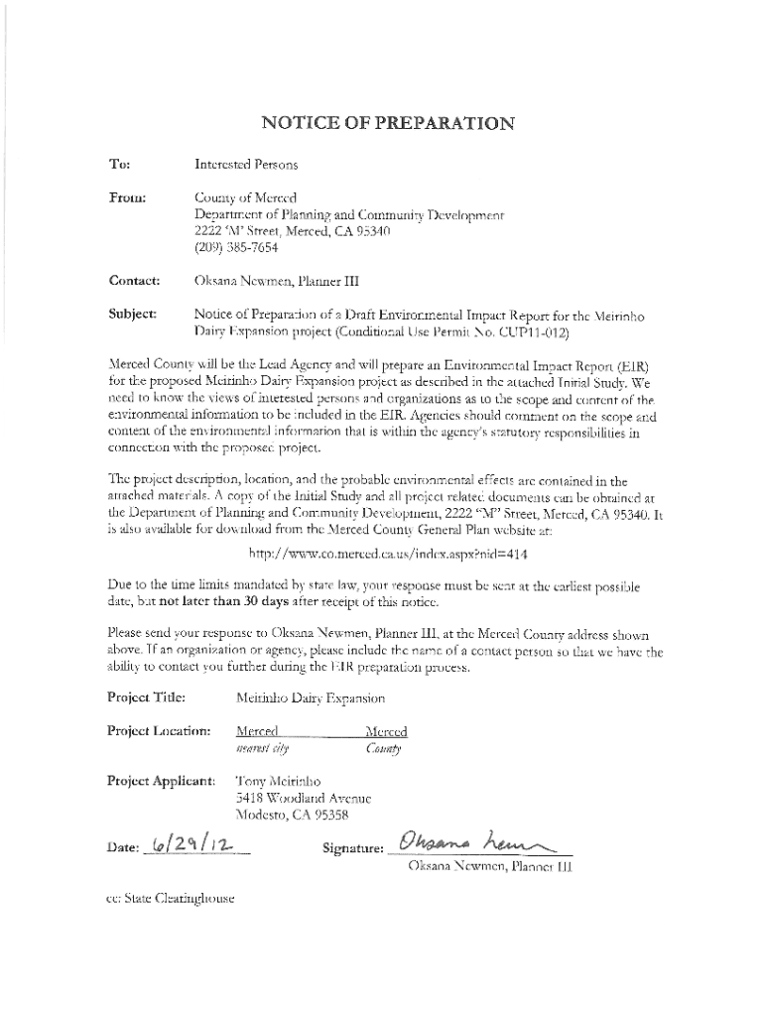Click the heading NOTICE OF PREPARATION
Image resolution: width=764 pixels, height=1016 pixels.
(387, 124)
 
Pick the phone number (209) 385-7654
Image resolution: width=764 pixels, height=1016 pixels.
(238, 249)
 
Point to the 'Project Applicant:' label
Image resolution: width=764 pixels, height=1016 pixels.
(161, 780)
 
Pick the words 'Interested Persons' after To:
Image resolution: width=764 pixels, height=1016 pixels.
(247, 162)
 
